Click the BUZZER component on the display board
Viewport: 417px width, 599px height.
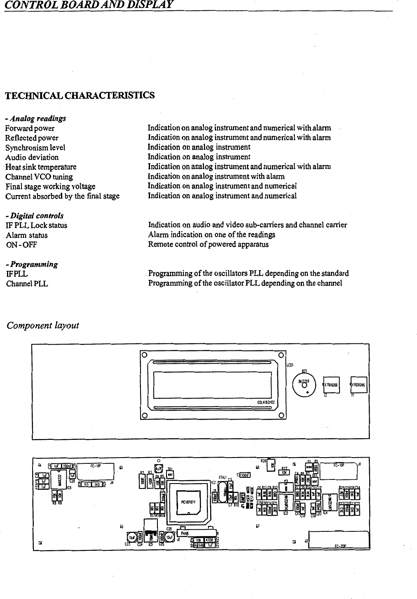pos(305,383)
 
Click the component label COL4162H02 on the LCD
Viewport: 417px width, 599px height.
pos(266,402)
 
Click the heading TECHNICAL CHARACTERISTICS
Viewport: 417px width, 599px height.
pos(80,95)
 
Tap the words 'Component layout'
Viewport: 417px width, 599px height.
pos(43,326)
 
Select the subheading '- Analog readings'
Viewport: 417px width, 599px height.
pos(35,119)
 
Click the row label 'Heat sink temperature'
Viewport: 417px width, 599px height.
pos(41,167)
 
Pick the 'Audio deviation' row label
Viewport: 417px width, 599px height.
pos(32,157)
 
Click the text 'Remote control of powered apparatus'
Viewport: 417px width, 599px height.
pos(208,244)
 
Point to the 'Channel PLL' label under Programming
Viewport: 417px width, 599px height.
pos(27,284)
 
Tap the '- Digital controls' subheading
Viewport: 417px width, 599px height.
pos(35,216)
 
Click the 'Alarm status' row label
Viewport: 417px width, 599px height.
pos(27,235)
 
